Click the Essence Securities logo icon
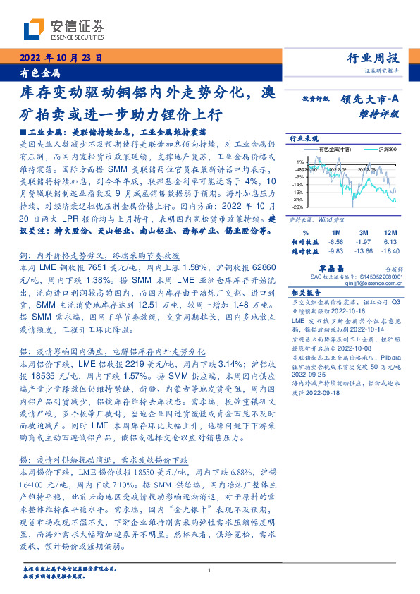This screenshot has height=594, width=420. pos(35,29)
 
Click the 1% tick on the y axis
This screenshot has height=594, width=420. pos(299,162)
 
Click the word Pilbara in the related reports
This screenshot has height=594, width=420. pos(390,358)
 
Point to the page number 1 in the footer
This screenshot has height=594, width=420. pos(210,571)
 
